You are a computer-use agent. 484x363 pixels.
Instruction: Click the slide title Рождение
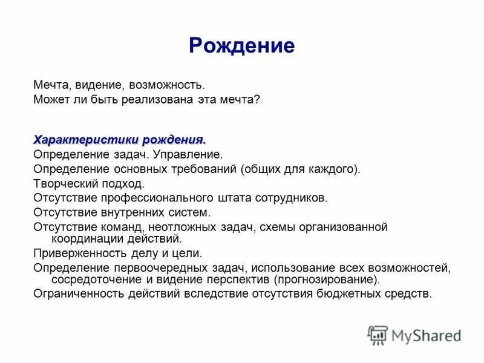point(241,46)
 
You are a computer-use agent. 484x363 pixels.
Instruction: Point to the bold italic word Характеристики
point(85,140)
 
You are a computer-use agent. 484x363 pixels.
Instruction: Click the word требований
point(206,169)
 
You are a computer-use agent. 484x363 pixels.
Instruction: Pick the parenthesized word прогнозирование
point(325,280)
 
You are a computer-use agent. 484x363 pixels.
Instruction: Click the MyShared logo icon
point(378,335)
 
